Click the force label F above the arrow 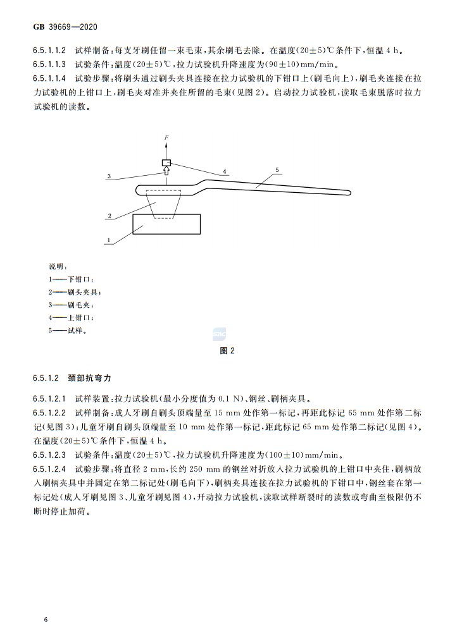click(x=167, y=137)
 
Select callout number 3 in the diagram click(x=109, y=176)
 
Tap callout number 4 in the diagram click(x=224, y=171)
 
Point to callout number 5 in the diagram click(x=277, y=169)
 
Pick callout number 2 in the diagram click(x=109, y=216)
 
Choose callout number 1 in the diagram click(x=109, y=240)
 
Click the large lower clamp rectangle click(x=166, y=225)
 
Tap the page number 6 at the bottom click(x=46, y=618)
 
